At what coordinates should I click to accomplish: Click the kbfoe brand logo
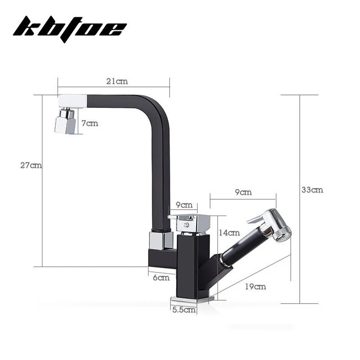(70, 29)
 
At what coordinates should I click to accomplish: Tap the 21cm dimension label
(117, 81)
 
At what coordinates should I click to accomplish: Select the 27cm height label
(31, 165)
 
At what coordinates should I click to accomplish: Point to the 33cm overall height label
(312, 190)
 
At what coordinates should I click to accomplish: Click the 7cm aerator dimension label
(90, 123)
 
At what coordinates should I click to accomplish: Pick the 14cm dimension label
(229, 233)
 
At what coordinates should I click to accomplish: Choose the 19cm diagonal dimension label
(256, 287)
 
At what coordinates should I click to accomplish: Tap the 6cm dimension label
(161, 278)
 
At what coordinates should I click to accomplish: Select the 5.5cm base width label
(184, 310)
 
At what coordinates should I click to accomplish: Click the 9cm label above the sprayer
(243, 192)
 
